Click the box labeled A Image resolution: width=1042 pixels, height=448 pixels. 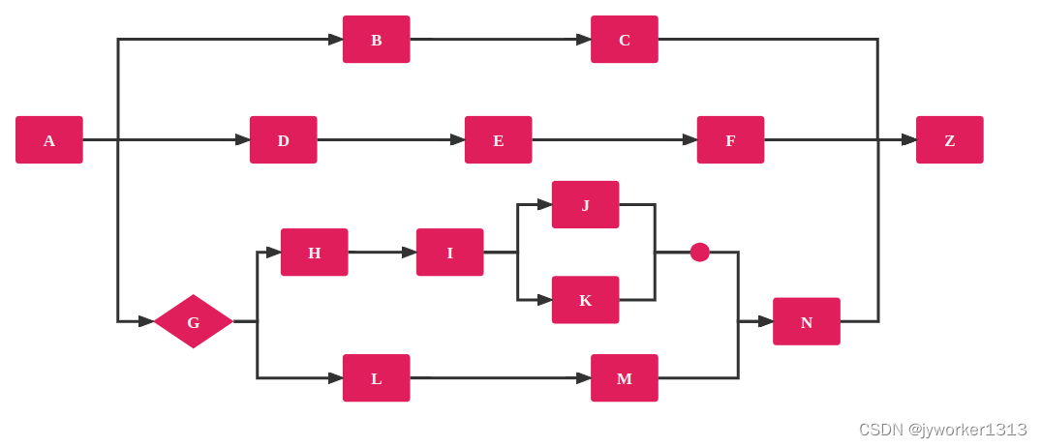[x=49, y=140]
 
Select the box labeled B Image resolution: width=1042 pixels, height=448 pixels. [x=376, y=40]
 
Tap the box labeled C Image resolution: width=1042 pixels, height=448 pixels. [x=625, y=40]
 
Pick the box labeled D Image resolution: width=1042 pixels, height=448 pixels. [x=283, y=140]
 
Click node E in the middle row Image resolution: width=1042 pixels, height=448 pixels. [x=498, y=140]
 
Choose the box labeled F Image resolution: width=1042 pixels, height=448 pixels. [x=730, y=140]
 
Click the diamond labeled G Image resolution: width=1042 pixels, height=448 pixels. [x=193, y=321]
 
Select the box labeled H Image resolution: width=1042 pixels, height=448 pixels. [x=314, y=253]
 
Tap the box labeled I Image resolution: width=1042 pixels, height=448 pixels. [x=449, y=253]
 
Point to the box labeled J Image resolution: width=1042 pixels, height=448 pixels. [x=585, y=205]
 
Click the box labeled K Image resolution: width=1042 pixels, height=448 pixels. [x=585, y=300]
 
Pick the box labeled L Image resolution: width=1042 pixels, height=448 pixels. [x=376, y=378]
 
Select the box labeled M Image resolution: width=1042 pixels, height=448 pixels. [x=625, y=378]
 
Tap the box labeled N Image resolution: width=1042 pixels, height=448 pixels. [x=806, y=321]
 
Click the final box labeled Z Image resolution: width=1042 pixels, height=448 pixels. [x=949, y=140]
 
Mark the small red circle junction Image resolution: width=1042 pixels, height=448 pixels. [x=700, y=253]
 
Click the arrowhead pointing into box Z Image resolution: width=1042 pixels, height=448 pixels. [x=908, y=140]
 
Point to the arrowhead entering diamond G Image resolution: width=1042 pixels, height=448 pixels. [x=145, y=321]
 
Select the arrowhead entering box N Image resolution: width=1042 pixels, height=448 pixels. [x=765, y=321]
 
